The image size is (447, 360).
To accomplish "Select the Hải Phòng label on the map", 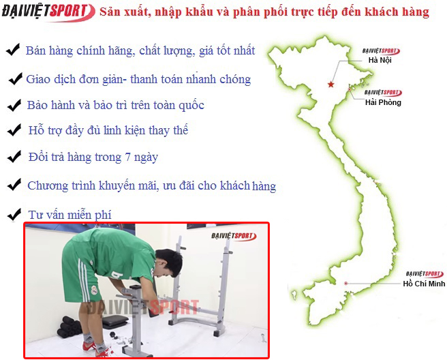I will [383, 102].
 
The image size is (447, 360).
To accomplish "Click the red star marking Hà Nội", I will [330, 85].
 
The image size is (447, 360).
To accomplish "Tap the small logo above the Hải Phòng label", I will [382, 93].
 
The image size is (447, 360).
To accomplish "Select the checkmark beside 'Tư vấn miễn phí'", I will [12, 215].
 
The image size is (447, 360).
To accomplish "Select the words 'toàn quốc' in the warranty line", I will [180, 106].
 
